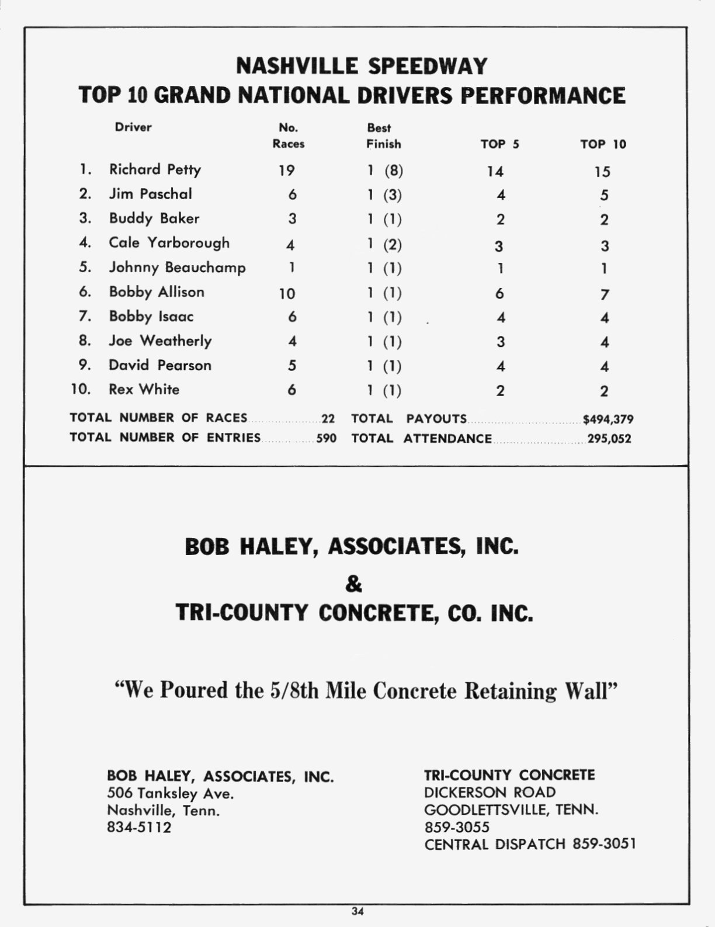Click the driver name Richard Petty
(x=155, y=169)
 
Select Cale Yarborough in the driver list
(x=169, y=242)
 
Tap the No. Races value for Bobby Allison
(x=287, y=293)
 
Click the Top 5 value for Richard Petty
(x=495, y=171)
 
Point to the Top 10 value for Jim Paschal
(x=604, y=195)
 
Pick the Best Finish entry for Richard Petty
(x=385, y=171)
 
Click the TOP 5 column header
(x=500, y=144)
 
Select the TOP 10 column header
(x=603, y=144)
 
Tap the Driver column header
(x=133, y=127)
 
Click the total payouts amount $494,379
(x=608, y=419)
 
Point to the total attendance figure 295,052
(x=609, y=439)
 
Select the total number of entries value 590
(x=327, y=438)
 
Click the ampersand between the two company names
(x=354, y=584)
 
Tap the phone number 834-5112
(x=139, y=828)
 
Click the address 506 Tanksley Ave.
(x=171, y=793)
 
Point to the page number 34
(x=357, y=911)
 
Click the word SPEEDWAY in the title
(x=426, y=66)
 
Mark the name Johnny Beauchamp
(x=177, y=268)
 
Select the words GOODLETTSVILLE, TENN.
(x=511, y=810)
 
